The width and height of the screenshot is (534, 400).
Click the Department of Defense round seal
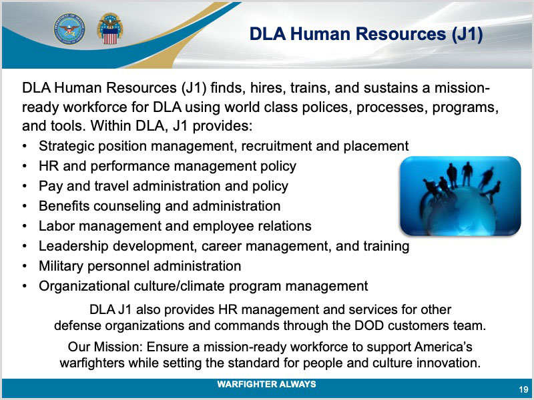coord(69,29)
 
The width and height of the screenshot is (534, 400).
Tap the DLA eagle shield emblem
coord(109,29)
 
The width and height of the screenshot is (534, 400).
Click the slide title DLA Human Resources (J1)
coord(366,35)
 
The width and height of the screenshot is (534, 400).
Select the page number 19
coord(523,389)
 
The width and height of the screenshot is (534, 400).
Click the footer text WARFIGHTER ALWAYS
coord(266,385)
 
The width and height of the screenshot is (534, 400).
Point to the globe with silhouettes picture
coord(461,196)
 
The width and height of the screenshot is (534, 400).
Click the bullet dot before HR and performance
coord(24,166)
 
